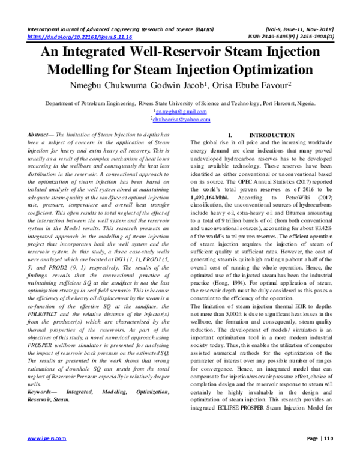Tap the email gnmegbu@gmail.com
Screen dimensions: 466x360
click(x=181, y=111)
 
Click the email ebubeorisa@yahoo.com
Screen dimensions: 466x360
click(x=181, y=119)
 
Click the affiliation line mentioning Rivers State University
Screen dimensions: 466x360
click(x=180, y=103)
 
